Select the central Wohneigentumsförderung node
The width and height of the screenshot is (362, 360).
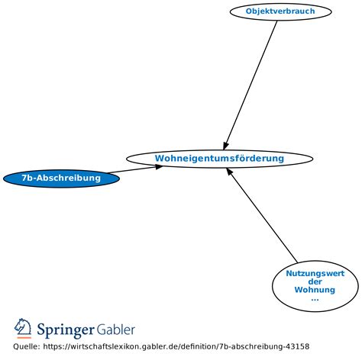click(x=219, y=159)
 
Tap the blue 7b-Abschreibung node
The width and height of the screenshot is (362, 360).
click(x=61, y=178)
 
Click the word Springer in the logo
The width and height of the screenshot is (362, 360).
click(x=66, y=329)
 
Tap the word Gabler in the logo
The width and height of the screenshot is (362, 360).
click(x=116, y=329)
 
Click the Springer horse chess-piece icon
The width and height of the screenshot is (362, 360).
click(x=24, y=329)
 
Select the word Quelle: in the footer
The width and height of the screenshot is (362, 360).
click(x=27, y=347)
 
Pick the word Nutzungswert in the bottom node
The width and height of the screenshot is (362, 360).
click(x=315, y=273)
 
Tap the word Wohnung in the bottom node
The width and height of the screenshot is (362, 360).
click(x=315, y=290)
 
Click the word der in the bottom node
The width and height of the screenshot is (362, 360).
click(x=315, y=281)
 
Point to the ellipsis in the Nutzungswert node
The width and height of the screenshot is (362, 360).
click(x=315, y=298)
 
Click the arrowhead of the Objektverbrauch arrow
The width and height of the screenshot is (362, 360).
click(x=226, y=143)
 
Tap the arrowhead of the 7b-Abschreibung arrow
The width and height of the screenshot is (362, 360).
click(x=158, y=166)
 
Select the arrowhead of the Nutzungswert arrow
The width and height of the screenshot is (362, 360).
click(x=230, y=172)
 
